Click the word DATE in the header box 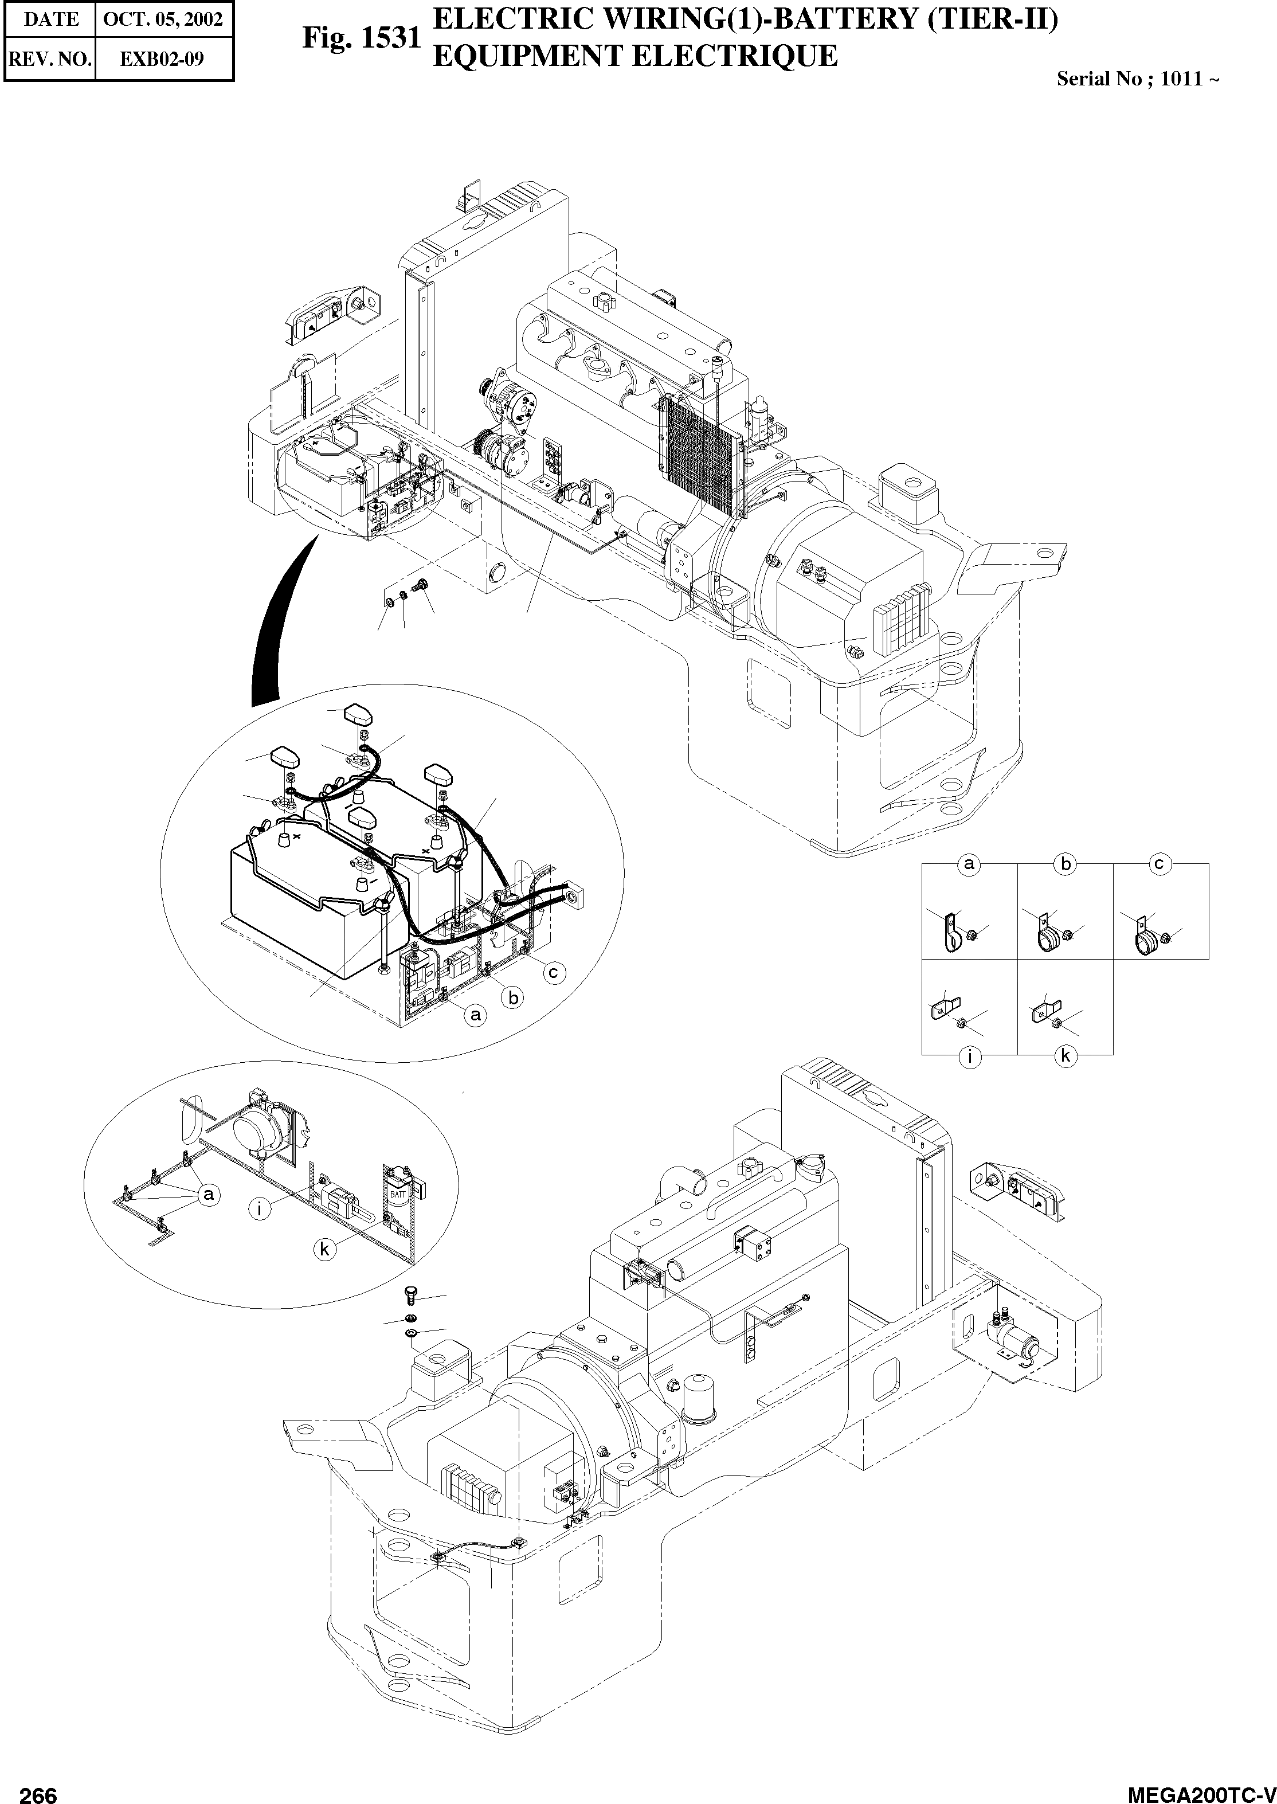(x=51, y=19)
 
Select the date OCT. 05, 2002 (x=163, y=19)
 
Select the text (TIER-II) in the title (x=992, y=18)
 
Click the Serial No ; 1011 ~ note (x=1137, y=79)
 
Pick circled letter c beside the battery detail (x=554, y=973)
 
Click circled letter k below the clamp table (x=1066, y=1056)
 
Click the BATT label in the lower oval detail (x=399, y=1195)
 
